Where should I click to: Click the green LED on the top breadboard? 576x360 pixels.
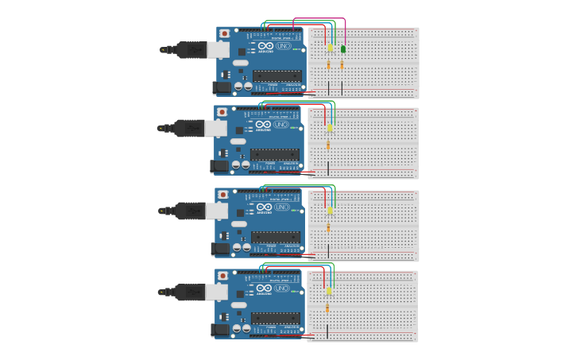pos(343,49)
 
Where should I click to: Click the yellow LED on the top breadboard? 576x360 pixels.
pos(331,48)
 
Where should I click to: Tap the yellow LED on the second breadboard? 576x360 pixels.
pos(330,127)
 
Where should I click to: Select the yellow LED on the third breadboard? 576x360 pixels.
pos(330,211)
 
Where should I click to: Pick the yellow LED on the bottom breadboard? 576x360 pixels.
pos(329,291)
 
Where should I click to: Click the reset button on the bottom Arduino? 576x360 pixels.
pos(223,276)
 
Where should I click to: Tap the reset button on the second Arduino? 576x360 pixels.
pos(222,112)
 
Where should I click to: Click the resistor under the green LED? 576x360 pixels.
pos(342,65)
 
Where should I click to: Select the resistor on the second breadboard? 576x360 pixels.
pos(328,145)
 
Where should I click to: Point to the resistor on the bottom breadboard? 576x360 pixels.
pos(327,308)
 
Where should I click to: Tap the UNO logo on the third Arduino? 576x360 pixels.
pos(282,207)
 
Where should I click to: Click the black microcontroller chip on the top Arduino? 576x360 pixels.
pos(277,75)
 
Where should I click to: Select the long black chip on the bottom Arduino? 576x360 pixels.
pos(276,318)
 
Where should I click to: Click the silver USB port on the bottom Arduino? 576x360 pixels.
pos(217,292)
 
